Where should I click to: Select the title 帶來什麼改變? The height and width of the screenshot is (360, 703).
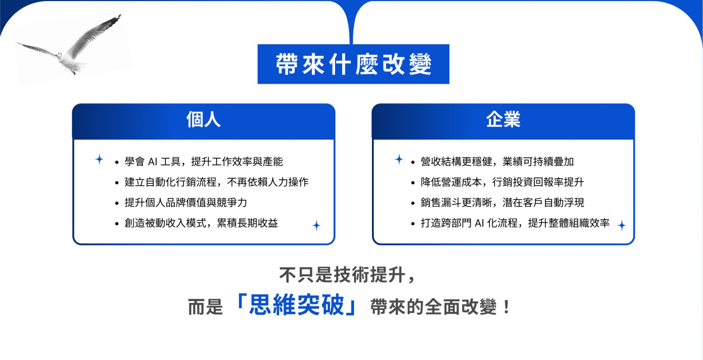[353, 64]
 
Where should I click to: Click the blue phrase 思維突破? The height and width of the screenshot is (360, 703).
[297, 305]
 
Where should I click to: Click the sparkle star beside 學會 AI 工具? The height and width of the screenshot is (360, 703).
[99, 159]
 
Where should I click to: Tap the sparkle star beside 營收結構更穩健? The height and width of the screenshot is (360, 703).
[399, 159]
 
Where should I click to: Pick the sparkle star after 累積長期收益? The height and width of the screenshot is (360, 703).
[316, 225]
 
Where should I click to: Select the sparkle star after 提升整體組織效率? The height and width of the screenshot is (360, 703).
[622, 225]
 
